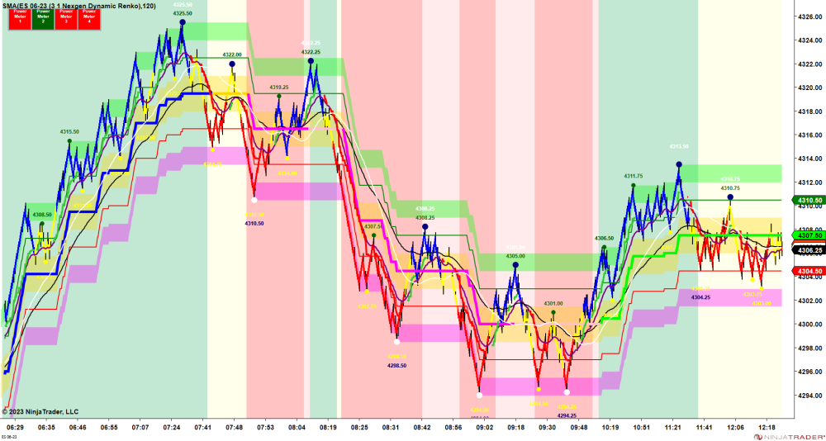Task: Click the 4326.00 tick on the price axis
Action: (808, 16)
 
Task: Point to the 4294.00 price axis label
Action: (808, 396)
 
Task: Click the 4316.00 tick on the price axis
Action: (808, 135)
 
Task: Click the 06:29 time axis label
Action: (15, 428)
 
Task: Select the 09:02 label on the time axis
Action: (483, 428)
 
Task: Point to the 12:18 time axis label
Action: (767, 428)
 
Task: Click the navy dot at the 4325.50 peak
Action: (183, 23)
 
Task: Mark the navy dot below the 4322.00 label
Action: (232, 64)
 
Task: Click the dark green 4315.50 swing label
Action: (69, 131)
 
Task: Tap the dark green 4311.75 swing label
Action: (633, 176)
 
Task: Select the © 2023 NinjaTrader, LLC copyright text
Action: (40, 411)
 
